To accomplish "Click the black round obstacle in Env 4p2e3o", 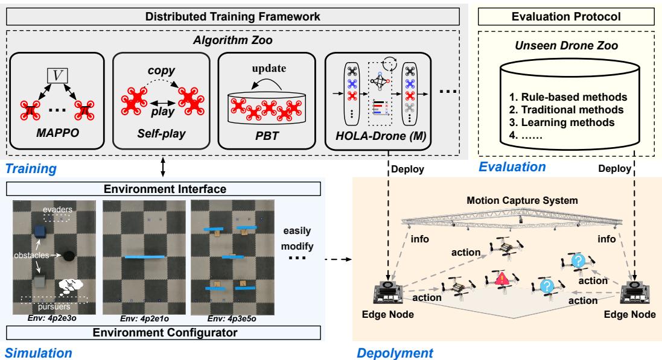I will pos(68,256).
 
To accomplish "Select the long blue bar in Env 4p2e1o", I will pos(145,257).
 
